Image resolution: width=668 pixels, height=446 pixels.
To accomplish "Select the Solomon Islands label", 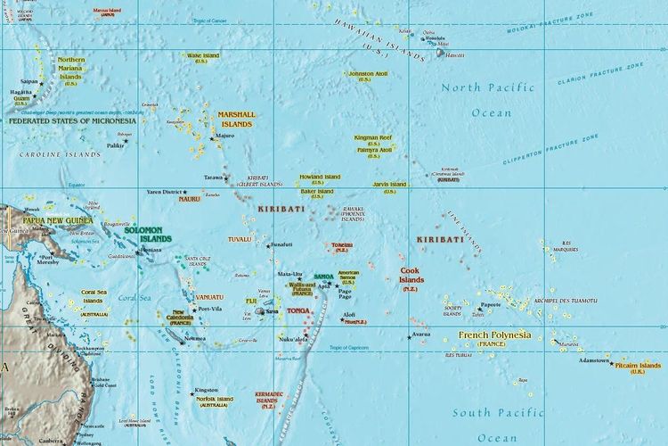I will pos(148,235).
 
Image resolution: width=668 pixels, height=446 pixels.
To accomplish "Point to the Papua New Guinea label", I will pos(58,219).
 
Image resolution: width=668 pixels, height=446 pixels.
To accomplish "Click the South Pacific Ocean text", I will pos(497,425).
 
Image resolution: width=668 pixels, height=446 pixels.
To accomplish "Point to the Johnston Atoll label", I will pos(367,75).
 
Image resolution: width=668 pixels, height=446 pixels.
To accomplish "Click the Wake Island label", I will pos(203,56).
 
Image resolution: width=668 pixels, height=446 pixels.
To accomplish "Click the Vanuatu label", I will pos(210,296).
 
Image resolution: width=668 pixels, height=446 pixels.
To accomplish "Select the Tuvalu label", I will pos(240,239).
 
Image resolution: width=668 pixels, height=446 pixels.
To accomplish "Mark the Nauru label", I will pos(189,199).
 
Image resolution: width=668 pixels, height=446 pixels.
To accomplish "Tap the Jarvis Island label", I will pos(389,186).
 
